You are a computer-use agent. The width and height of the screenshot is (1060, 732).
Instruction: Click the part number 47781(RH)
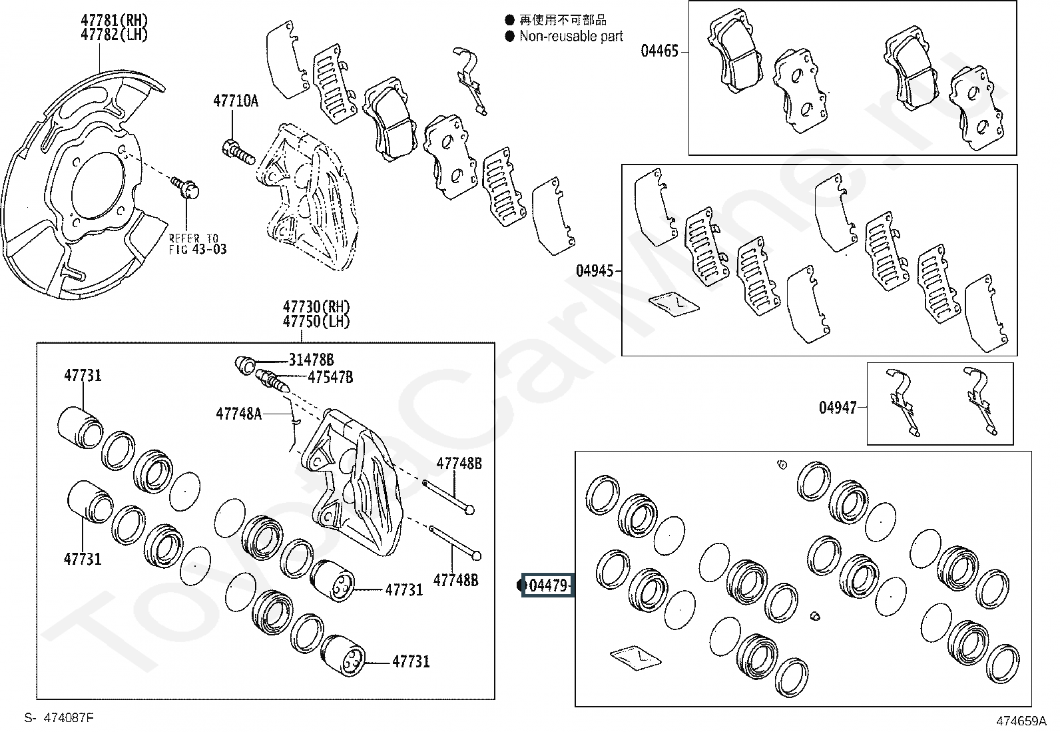pyautogui.click(x=114, y=21)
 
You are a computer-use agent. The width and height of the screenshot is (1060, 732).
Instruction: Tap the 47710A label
pyautogui.click(x=236, y=101)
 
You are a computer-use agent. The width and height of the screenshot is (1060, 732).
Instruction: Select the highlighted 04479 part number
pyautogui.click(x=548, y=585)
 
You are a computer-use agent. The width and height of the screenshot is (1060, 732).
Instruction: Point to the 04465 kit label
pyautogui.click(x=659, y=51)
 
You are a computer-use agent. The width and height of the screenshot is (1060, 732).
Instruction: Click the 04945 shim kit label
pyautogui.click(x=595, y=271)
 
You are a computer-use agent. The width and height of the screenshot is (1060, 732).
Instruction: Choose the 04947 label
pyautogui.click(x=838, y=407)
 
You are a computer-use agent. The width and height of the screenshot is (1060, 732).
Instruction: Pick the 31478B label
pyautogui.click(x=311, y=360)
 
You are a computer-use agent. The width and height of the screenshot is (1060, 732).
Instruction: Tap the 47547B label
pyautogui.click(x=330, y=378)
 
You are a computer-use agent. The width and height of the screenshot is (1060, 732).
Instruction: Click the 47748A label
pyautogui.click(x=238, y=414)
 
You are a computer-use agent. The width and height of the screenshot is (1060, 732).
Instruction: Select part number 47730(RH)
pyautogui.click(x=316, y=307)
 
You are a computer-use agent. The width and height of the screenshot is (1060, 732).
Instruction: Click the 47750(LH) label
pyautogui.click(x=316, y=322)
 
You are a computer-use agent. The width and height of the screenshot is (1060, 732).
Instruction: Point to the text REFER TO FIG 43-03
pyautogui.click(x=198, y=243)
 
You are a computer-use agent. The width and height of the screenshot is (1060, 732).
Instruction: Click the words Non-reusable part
pyautogui.click(x=571, y=36)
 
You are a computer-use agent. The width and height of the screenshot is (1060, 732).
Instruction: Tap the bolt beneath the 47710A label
pyautogui.click(x=238, y=152)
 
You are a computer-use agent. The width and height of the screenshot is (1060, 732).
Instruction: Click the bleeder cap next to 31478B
pyautogui.click(x=245, y=365)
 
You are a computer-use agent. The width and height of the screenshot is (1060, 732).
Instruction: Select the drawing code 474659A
pyautogui.click(x=1021, y=721)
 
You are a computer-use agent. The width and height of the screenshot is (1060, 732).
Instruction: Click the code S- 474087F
pyautogui.click(x=59, y=718)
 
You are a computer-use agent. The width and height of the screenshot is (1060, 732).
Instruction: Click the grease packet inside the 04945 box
pyautogui.click(x=674, y=304)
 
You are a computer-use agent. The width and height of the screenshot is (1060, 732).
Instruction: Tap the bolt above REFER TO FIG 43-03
pyautogui.click(x=185, y=188)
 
